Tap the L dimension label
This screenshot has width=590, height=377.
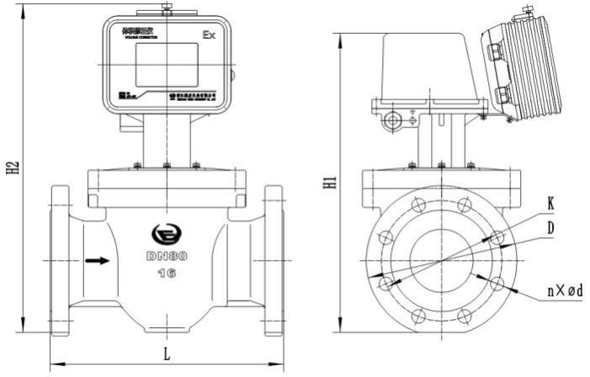click(166, 353)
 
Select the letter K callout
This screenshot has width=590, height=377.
click(550, 203)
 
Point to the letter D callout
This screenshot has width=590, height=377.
click(550, 227)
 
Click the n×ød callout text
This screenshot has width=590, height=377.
click(564, 290)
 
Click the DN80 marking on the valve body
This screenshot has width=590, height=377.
click(165, 256)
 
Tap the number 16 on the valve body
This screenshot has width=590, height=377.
click(166, 273)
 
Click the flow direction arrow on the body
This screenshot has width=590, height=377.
click(98, 260)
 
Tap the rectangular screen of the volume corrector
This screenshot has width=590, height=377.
click(166, 66)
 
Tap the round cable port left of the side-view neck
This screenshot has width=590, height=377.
click(392, 121)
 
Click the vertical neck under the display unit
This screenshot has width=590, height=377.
click(166, 141)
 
